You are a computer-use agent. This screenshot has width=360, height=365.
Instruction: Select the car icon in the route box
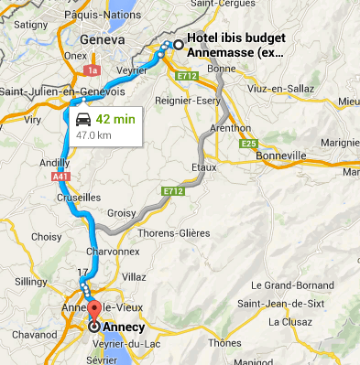82,121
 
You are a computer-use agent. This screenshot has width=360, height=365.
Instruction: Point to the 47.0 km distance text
93,135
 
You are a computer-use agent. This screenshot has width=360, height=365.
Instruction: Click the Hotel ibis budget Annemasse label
235,46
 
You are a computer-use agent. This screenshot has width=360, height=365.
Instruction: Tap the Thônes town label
225,342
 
